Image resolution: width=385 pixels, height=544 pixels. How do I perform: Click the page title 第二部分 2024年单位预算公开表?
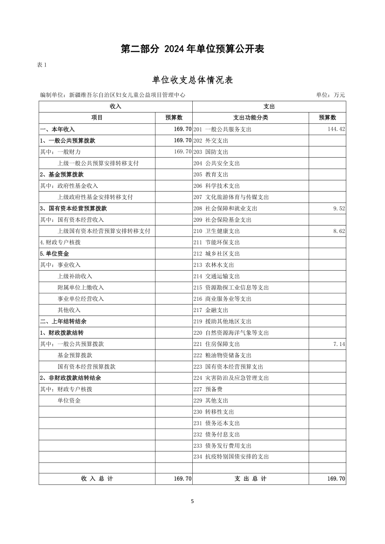tap(192, 49)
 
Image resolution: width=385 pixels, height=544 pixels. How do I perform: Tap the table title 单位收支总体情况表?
tap(192, 80)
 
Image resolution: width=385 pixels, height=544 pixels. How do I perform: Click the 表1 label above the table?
tap(41, 65)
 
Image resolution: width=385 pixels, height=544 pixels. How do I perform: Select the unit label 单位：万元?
tap(331, 95)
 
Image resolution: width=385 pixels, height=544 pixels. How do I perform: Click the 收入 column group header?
tap(115, 106)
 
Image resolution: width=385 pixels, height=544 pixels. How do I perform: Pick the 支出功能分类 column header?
tap(250, 118)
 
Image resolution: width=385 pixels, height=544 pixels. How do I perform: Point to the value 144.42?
tap(336, 129)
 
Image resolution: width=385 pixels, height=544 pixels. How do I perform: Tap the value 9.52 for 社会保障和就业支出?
tap(339, 208)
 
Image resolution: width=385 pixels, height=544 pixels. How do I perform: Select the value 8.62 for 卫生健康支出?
tap(339, 231)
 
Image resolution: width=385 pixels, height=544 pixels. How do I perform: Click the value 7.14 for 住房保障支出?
tap(339, 344)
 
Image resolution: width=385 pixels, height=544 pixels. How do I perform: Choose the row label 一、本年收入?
tap(57, 129)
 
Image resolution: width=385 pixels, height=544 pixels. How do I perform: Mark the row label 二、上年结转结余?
tap(63, 321)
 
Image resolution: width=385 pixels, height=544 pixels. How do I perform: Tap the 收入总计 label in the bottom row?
tap(97, 479)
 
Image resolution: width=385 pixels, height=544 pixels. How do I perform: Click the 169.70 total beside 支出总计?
tap(336, 479)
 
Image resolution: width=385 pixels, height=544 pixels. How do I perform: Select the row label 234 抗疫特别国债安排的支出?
tap(231, 457)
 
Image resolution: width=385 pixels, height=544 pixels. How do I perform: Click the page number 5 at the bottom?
tap(192, 501)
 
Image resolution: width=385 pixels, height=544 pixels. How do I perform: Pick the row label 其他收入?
tap(69, 310)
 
